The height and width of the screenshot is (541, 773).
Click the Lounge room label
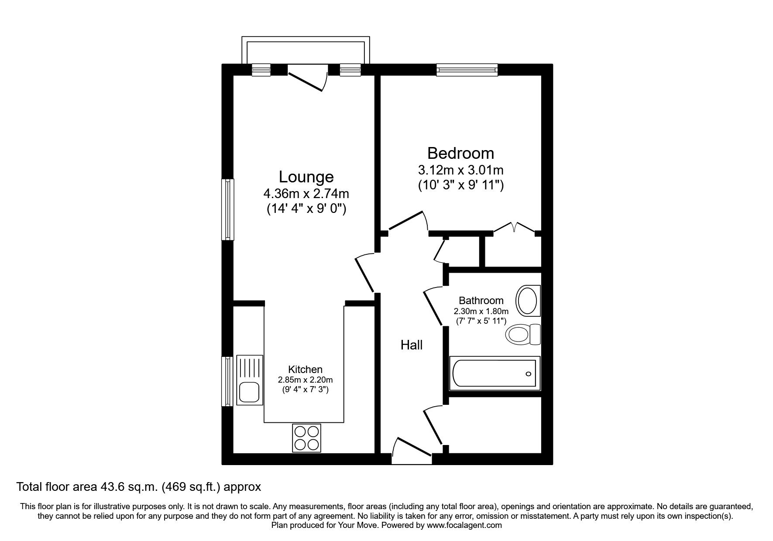click(x=306, y=177)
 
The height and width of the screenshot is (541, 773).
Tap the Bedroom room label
click(x=460, y=153)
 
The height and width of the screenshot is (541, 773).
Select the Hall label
click(x=411, y=345)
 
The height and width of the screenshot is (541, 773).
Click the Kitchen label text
click(x=305, y=370)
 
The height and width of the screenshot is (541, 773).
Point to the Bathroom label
click(x=481, y=301)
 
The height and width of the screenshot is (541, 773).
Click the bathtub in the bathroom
click(x=495, y=373)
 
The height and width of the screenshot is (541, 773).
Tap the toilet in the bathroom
click(x=523, y=335)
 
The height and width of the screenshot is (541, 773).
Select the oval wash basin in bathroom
click(x=529, y=301)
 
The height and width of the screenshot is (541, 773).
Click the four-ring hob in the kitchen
click(x=306, y=438)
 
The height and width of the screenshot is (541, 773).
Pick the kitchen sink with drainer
click(x=250, y=380)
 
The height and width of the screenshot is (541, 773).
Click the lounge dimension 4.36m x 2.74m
click(x=306, y=193)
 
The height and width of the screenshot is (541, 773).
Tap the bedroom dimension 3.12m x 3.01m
click(x=460, y=169)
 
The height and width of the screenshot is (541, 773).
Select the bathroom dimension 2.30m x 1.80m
click(x=481, y=311)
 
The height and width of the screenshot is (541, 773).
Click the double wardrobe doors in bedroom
click(x=514, y=228)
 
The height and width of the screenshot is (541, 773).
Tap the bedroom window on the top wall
click(x=467, y=69)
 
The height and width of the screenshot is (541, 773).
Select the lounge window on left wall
click(x=228, y=209)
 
